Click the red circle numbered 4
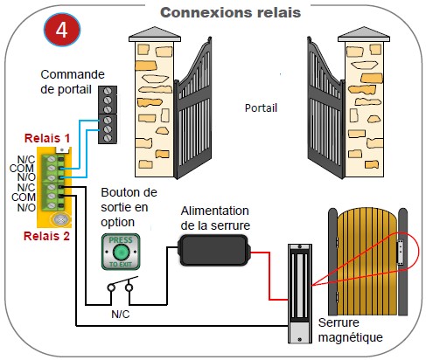tap(62, 30)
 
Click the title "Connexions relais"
tap(230, 12)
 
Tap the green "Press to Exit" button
tap(121, 252)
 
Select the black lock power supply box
tap(215, 250)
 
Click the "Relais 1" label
tap(47, 138)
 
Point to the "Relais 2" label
tap(46, 236)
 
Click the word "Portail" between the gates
tap(261, 108)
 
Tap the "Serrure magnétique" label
tap(350, 330)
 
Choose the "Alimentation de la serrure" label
tap(215, 218)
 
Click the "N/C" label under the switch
tap(121, 315)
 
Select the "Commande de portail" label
tap(73, 82)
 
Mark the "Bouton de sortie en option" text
tap(129, 207)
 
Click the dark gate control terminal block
tap(108, 114)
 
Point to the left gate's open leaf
tap(192, 111)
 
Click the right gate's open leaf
tap(326, 111)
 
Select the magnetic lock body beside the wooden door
tap(299, 294)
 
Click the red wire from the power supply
tap(269, 275)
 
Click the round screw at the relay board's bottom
tap(61, 219)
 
